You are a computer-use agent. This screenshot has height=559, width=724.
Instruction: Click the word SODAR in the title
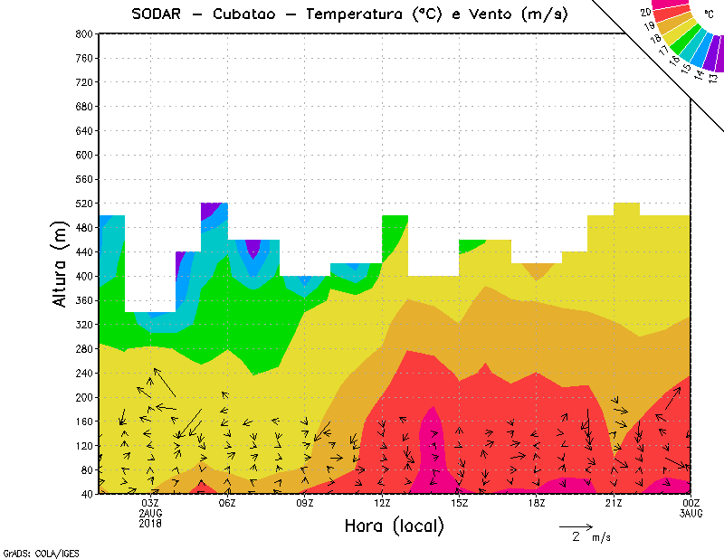(x=157, y=14)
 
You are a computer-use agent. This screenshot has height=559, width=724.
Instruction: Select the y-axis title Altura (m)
(x=60, y=263)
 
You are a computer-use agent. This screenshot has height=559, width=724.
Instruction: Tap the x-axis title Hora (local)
(x=394, y=526)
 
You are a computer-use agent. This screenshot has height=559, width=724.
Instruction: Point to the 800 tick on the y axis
(x=83, y=33)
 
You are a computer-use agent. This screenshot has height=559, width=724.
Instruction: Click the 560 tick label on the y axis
(x=83, y=179)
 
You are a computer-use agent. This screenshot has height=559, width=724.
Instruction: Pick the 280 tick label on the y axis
(x=83, y=349)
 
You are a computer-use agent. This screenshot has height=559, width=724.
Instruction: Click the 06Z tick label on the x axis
(x=227, y=503)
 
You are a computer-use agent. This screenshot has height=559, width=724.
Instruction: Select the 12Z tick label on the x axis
(x=382, y=503)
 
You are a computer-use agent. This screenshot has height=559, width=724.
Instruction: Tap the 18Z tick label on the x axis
(x=537, y=503)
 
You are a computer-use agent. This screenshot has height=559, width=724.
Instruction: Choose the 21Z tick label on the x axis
(x=614, y=503)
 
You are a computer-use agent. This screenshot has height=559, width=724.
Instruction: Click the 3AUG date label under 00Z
(x=691, y=513)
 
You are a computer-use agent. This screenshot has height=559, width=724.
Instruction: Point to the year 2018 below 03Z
(x=150, y=523)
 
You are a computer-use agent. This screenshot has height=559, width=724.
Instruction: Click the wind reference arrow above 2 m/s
(x=576, y=526)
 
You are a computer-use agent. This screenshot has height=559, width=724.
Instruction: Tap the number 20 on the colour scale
(x=644, y=13)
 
